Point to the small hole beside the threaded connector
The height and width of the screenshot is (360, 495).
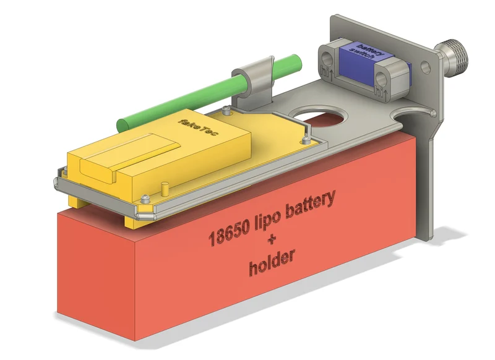pyautogui.click(x=426, y=67)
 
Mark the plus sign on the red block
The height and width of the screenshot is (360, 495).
pyautogui.click(x=271, y=239)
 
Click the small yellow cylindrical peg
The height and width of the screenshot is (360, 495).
pyautogui.click(x=165, y=189)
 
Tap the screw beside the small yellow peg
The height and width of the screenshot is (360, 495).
pyautogui.click(x=145, y=199)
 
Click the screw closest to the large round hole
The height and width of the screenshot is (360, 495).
pyautogui.click(x=304, y=140)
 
